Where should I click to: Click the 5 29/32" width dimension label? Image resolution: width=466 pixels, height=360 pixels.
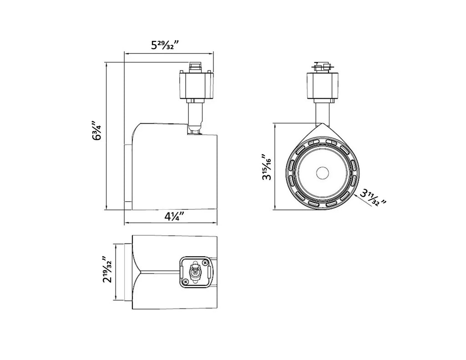(x=165, y=46)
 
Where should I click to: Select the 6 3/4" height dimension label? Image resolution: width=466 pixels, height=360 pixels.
(x=97, y=131)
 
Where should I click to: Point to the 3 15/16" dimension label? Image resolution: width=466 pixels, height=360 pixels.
(x=267, y=167)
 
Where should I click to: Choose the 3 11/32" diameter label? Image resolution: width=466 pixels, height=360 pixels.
(x=373, y=198)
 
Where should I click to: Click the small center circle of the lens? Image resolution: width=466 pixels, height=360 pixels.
(x=322, y=173)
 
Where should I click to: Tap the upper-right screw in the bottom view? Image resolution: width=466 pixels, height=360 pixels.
(x=204, y=263)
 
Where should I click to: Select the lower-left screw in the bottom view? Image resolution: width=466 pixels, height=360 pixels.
(x=186, y=281)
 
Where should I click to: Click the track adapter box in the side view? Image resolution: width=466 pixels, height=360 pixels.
(x=196, y=85)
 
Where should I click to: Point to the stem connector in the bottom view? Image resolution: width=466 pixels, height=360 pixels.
(x=195, y=272)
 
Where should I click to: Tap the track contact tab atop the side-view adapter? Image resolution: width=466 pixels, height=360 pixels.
(x=195, y=66)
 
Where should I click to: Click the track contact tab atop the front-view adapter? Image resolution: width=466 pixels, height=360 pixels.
(x=322, y=66)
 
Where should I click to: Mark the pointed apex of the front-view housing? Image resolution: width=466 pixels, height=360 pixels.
(x=322, y=124)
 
